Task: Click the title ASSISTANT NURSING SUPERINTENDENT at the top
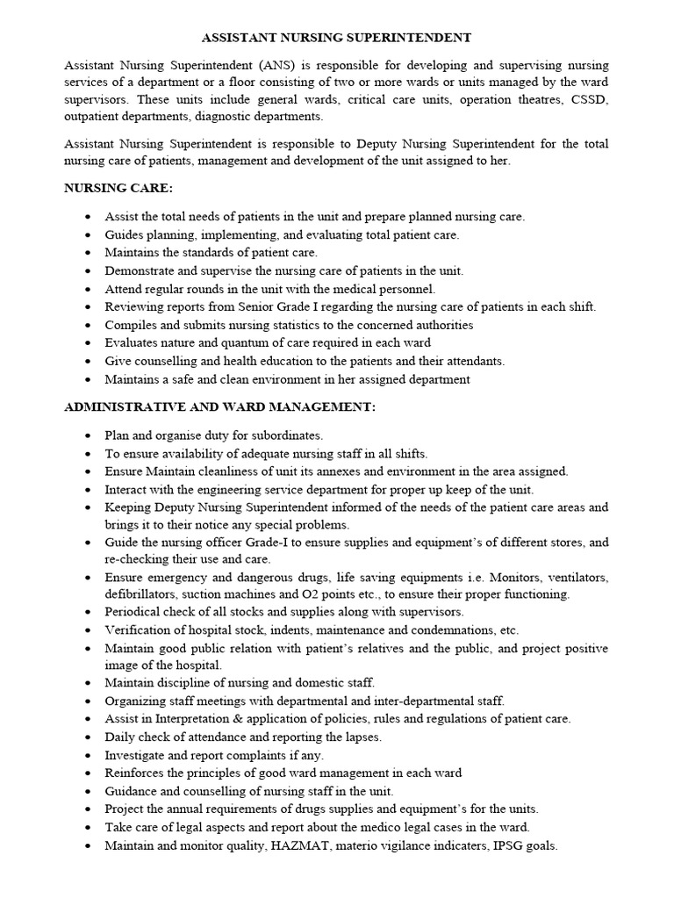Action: pos(337,38)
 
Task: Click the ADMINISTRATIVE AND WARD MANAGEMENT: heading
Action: pos(219,407)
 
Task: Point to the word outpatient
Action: pos(96,117)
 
